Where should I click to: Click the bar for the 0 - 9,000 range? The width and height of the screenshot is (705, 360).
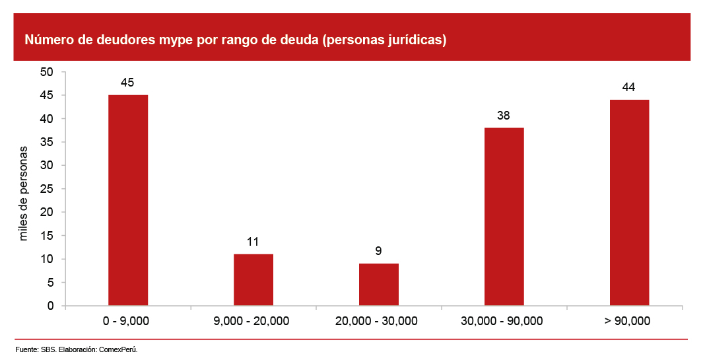128,200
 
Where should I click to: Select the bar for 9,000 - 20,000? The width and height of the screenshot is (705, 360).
253,279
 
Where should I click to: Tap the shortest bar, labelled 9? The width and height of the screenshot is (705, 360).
379,284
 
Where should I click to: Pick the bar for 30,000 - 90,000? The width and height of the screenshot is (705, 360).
504,217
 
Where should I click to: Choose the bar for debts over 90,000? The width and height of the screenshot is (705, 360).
629,203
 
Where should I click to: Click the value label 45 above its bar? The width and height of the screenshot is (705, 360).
127,83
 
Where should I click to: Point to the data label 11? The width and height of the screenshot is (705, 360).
253,242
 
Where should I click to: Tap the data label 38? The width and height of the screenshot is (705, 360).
504,116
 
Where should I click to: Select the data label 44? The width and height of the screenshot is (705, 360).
629,87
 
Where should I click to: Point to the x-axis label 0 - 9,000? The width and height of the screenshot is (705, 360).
127,322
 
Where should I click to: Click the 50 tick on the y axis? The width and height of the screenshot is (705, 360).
48,72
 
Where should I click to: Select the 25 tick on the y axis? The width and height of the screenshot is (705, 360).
48,189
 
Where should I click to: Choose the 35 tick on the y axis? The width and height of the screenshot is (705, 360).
48,142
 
